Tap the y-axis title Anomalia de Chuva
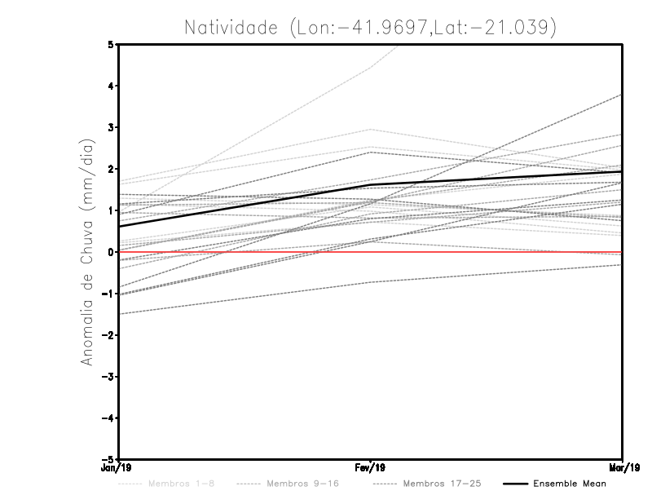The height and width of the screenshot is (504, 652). tap(86, 253)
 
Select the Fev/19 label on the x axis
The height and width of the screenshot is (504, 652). tap(371, 467)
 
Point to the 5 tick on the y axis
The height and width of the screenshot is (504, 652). tap(111, 44)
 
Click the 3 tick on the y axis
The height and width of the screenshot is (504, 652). tap(111, 127)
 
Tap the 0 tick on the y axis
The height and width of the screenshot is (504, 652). tap(111, 252)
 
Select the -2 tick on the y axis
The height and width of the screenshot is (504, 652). tap(108, 335)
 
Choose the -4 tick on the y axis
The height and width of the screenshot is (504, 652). tap(108, 418)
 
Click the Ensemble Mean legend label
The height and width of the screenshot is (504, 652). tap(569, 484)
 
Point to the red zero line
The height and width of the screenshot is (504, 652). tap(489, 252)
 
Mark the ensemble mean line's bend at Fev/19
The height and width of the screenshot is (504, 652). tap(371, 185)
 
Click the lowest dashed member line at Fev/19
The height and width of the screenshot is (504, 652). tap(371, 282)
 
